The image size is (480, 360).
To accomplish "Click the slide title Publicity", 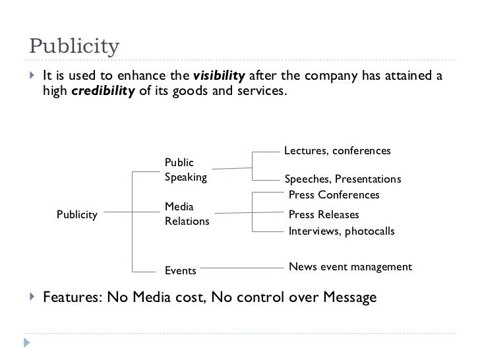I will (x=74, y=47).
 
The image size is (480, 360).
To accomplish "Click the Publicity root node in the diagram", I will (x=77, y=214).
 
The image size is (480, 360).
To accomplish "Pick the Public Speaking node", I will (x=185, y=169).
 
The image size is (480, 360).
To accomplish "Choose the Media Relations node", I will (x=187, y=214).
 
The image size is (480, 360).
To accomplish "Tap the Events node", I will (x=180, y=270).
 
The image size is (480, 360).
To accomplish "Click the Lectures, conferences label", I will (x=337, y=151).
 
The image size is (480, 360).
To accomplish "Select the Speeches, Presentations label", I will (x=342, y=179).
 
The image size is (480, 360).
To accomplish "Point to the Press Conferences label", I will (x=334, y=195).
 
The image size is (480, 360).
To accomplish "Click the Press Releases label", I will (x=324, y=215).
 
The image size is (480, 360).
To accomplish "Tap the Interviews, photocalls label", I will (x=342, y=231).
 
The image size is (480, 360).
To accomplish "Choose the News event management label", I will (x=350, y=267).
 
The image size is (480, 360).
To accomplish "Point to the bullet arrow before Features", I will (x=32, y=297).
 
